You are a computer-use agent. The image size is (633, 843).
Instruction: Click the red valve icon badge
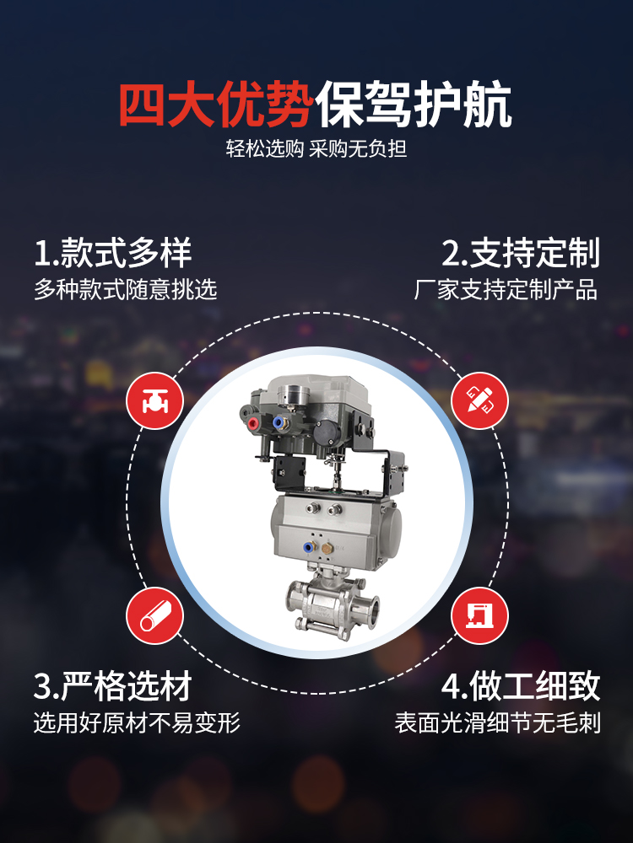155,400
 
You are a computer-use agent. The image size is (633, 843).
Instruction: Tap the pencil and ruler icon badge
479,400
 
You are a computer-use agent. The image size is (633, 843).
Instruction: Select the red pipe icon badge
155,616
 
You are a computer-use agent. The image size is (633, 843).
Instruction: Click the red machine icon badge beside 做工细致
479,616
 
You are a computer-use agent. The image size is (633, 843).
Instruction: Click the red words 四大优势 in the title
216,105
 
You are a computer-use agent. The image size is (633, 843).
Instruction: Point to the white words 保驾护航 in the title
414,105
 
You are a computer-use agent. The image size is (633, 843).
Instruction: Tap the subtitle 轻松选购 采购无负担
316,148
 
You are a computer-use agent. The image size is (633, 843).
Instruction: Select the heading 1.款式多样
113,253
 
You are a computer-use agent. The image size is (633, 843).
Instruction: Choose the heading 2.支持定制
521,253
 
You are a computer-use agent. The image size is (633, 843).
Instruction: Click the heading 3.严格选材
113,686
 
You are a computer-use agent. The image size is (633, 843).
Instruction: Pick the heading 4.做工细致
521,686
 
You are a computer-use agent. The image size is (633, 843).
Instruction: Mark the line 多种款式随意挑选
126,289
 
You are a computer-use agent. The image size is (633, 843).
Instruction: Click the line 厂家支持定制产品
506,289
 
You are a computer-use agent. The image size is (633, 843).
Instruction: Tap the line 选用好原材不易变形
137,722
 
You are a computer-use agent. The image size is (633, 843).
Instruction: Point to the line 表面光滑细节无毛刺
497,722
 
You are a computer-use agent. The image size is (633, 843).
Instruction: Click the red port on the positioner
252,423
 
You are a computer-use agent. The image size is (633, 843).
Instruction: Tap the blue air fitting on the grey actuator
309,548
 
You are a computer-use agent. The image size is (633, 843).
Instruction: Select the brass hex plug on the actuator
327,549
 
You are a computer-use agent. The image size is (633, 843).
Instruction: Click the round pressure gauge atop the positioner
293,394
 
